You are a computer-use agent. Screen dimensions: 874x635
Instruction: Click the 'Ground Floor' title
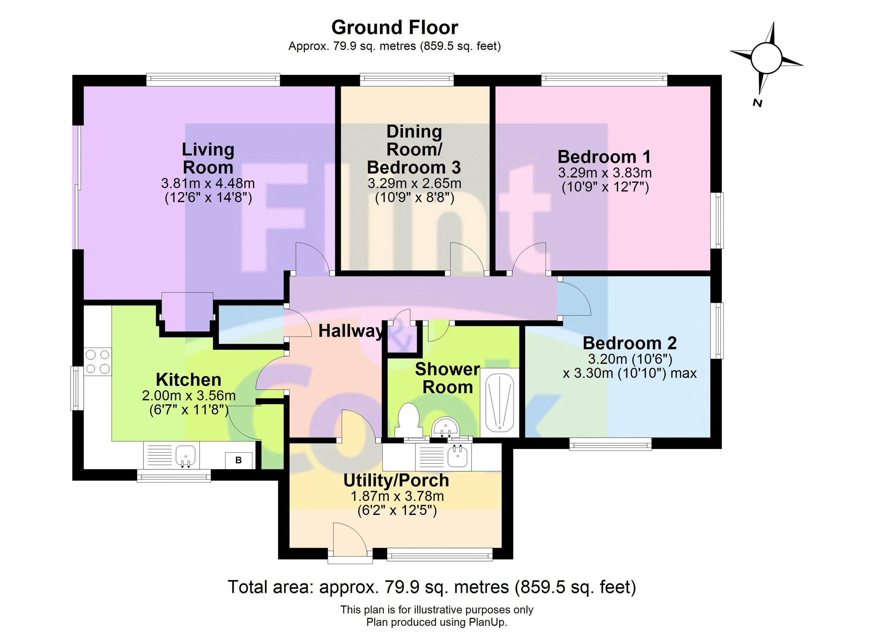point(395,28)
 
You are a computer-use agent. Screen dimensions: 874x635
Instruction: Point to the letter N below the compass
point(757,103)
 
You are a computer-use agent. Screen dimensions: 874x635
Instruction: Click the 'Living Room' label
point(208,158)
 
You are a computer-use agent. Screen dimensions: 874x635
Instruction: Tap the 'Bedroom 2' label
point(629,343)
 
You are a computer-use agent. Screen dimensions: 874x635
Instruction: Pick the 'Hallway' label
point(351,331)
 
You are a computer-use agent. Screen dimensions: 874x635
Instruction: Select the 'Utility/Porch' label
point(396,480)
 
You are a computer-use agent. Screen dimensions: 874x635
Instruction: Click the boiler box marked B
point(239,460)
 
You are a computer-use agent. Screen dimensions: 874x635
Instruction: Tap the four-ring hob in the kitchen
point(98,361)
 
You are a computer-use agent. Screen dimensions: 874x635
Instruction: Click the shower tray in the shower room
point(500,404)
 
